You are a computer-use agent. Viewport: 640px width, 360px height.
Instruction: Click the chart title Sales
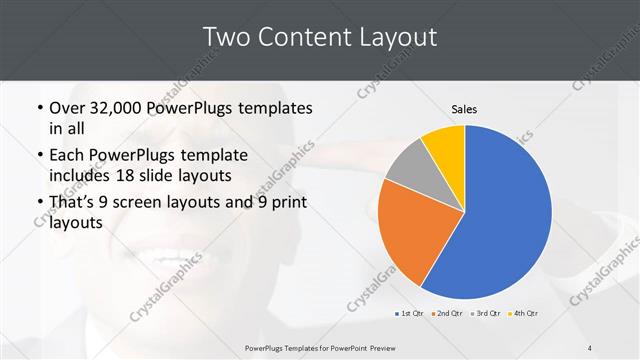point(464,108)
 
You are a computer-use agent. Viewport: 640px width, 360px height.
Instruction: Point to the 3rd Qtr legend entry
point(486,314)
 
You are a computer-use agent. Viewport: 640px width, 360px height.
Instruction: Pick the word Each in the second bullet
point(68,155)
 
